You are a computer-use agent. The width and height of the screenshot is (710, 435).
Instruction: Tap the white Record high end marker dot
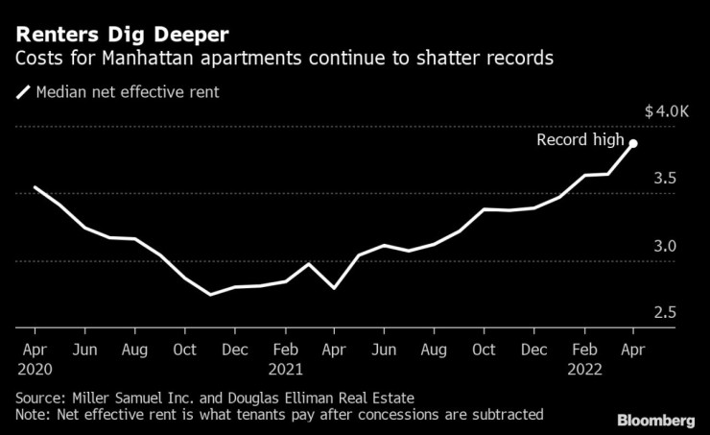[633, 143]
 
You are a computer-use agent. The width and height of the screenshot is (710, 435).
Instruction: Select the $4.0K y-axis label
[667, 111]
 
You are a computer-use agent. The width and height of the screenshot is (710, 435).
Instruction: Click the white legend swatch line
[22, 93]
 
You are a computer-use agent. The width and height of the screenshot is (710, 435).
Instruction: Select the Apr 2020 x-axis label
[35, 358]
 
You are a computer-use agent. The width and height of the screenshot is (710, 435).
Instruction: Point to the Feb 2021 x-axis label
[285, 358]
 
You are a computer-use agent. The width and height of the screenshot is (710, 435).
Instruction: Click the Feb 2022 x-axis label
[584, 358]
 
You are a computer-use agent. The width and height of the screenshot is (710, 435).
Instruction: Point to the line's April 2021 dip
[334, 287]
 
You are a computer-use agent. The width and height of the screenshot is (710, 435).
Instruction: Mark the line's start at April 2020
[35, 187]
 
